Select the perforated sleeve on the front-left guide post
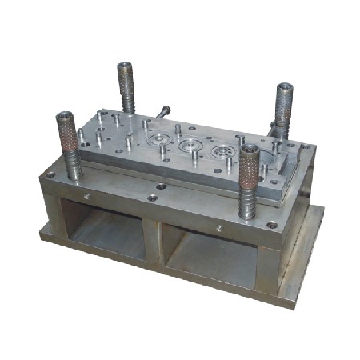[66, 134]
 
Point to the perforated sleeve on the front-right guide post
[251, 168]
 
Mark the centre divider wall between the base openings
[153, 240]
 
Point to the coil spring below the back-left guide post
[127, 100]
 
